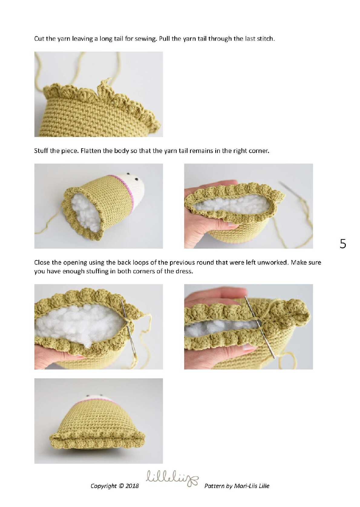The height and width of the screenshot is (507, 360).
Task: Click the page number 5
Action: point(343,244)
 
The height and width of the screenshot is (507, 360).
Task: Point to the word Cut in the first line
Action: point(39,39)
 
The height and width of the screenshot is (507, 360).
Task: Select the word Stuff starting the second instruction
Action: point(41,151)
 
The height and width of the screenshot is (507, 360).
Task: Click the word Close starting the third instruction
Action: point(42,262)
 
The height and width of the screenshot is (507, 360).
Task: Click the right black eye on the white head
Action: point(137,179)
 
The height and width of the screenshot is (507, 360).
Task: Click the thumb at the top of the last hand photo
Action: point(217,292)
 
